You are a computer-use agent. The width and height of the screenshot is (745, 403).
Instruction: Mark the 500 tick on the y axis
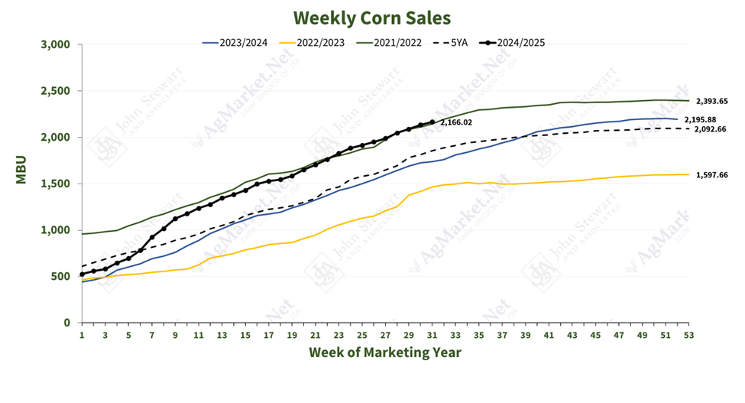point(61,276)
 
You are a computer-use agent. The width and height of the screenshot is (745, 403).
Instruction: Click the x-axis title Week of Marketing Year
point(385,353)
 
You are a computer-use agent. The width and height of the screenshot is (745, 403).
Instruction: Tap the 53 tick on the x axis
point(688,334)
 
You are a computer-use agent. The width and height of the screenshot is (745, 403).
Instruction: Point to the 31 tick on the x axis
point(432,334)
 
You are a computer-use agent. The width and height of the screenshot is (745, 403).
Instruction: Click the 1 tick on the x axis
point(82,334)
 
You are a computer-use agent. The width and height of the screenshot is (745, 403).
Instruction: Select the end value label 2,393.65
point(711,101)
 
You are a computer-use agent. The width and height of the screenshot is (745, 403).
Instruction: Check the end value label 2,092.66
point(711,129)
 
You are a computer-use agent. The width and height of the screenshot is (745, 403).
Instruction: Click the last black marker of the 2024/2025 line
point(432,122)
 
